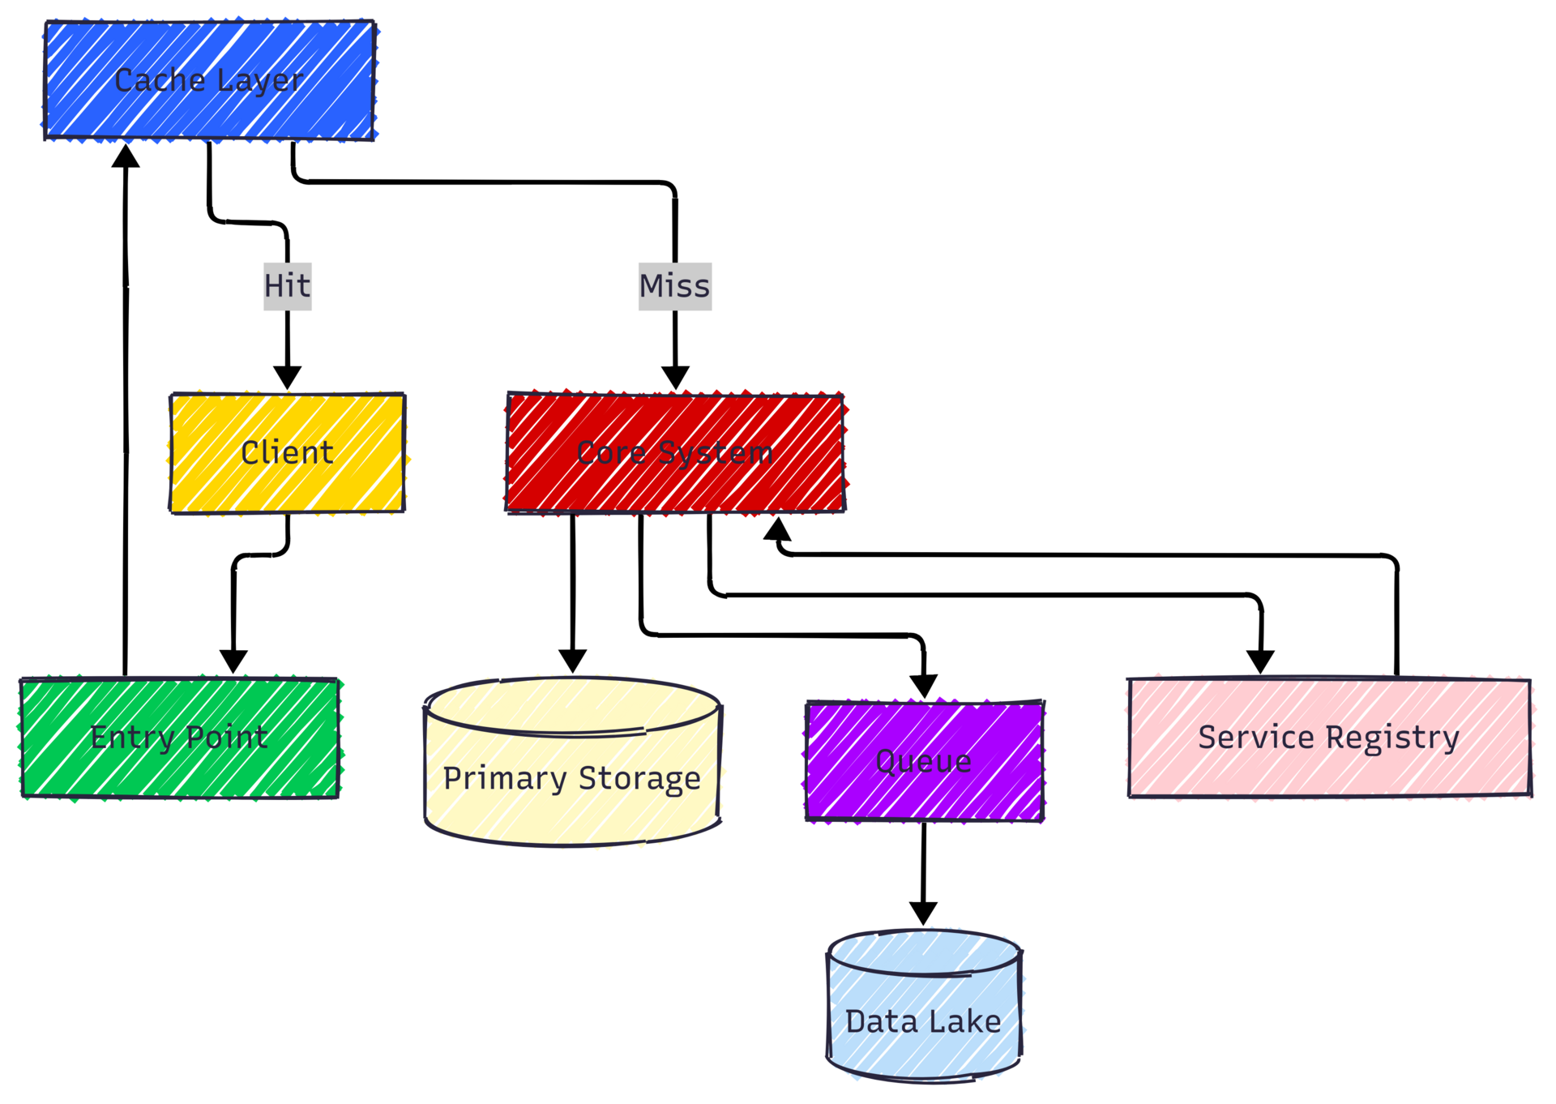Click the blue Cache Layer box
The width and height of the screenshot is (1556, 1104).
[209, 80]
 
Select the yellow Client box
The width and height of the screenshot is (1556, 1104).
[287, 452]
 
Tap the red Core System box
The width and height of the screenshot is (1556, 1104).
[674, 452]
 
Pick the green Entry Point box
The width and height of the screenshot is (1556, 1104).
[179, 738]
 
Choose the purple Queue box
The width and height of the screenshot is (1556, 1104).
[924, 761]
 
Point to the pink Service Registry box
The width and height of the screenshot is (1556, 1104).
[1329, 738]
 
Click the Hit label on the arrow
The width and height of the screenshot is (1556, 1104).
[287, 286]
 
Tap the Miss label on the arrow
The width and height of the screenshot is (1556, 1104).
[674, 286]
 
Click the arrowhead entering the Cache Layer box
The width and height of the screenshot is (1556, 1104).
[126, 156]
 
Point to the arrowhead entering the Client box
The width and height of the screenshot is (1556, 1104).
[287, 377]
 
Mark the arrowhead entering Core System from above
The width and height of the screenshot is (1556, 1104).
[675, 377]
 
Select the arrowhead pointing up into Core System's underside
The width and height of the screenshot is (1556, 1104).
[777, 529]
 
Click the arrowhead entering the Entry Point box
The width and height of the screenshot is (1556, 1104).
[233, 661]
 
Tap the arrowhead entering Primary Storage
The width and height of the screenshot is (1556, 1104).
[573, 661]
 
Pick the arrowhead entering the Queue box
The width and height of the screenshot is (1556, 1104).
[924, 686]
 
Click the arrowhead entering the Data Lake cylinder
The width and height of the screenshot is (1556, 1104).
[923, 913]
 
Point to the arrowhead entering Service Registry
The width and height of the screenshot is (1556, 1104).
[1260, 661]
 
